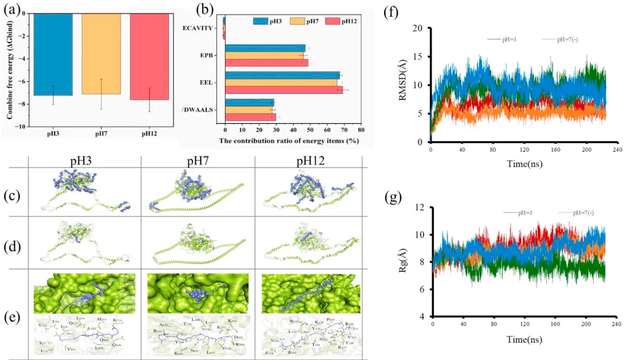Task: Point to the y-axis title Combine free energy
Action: point(10,70)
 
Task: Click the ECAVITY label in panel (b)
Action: point(199,28)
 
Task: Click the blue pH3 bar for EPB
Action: point(265,47)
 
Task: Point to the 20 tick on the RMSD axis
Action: point(419,28)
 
